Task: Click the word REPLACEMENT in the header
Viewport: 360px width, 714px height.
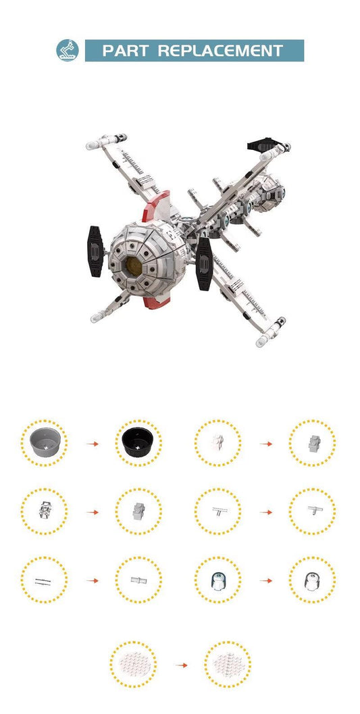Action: (x=221, y=51)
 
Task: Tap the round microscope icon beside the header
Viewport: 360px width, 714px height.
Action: (x=68, y=50)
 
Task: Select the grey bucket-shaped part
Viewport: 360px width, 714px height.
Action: (x=45, y=442)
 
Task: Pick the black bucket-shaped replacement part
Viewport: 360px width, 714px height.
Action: (x=137, y=442)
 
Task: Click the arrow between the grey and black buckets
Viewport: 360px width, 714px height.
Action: (x=93, y=444)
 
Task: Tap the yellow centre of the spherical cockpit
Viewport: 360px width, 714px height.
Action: (x=134, y=266)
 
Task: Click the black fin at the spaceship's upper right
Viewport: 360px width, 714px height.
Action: (x=261, y=145)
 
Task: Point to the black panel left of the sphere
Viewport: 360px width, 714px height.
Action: (x=96, y=251)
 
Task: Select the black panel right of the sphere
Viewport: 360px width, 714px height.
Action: (x=204, y=263)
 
